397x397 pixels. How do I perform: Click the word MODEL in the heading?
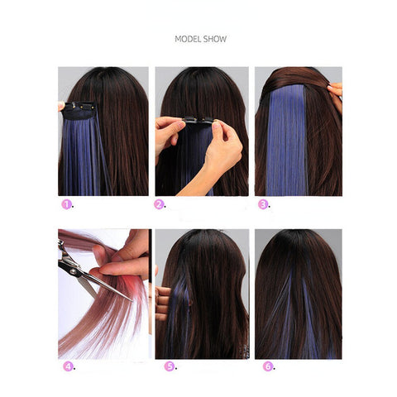[188, 39]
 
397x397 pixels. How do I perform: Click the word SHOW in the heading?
[215, 39]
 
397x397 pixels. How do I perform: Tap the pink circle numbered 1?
[66, 204]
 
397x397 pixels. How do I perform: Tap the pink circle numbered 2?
[159, 204]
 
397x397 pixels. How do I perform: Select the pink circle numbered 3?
[263, 204]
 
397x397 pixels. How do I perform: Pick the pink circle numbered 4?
[68, 366]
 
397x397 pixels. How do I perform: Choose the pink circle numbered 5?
[170, 366]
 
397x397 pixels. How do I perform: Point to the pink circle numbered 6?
[268, 366]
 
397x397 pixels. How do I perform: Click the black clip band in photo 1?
[79, 111]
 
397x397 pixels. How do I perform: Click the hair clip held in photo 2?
[199, 120]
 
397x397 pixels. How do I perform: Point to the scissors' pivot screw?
[74, 271]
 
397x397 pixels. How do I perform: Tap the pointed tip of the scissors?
[132, 300]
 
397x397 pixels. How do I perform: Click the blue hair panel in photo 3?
[287, 140]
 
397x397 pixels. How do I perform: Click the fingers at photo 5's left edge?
[163, 303]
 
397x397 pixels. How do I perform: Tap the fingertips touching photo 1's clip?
[61, 106]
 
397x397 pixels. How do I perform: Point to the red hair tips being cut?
[135, 292]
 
